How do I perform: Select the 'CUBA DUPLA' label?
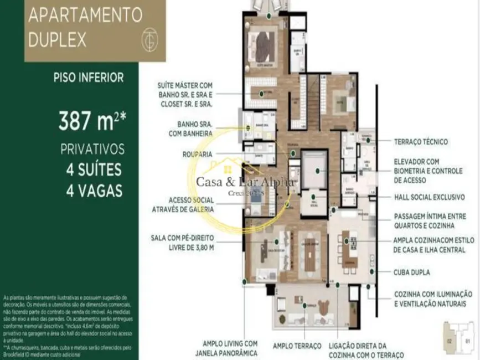coord(411,272)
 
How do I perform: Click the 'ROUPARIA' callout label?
coord(198,155)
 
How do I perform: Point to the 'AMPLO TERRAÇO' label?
coord(297,346)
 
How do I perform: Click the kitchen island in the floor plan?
coord(349,249)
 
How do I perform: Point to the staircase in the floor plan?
coord(303,100)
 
